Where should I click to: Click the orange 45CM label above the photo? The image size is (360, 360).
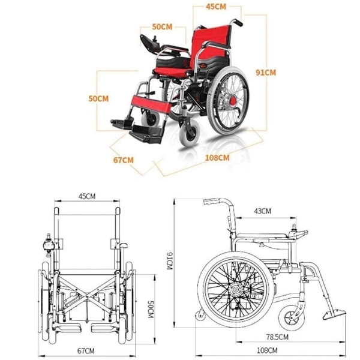click(216, 7)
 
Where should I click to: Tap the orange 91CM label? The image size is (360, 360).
click(266, 73)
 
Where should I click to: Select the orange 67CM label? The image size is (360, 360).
click(124, 160)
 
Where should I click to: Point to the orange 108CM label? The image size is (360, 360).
click(217, 158)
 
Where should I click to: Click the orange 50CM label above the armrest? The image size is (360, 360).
click(162, 26)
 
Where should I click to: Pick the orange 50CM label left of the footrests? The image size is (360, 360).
click(98, 98)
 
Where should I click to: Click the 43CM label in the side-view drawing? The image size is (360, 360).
click(262, 211)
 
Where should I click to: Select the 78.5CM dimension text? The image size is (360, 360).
click(277, 337)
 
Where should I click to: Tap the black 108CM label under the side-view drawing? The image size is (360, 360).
click(267, 350)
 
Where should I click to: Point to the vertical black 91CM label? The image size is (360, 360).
click(169, 260)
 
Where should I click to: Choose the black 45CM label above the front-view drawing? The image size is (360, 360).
click(87, 197)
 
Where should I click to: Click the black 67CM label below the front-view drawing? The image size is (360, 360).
click(86, 351)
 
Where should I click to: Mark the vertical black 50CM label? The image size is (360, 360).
click(150, 309)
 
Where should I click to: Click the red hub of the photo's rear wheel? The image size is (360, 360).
click(233, 100)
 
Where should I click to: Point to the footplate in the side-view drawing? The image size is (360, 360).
click(334, 314)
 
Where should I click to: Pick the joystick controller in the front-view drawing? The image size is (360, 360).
click(49, 245)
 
